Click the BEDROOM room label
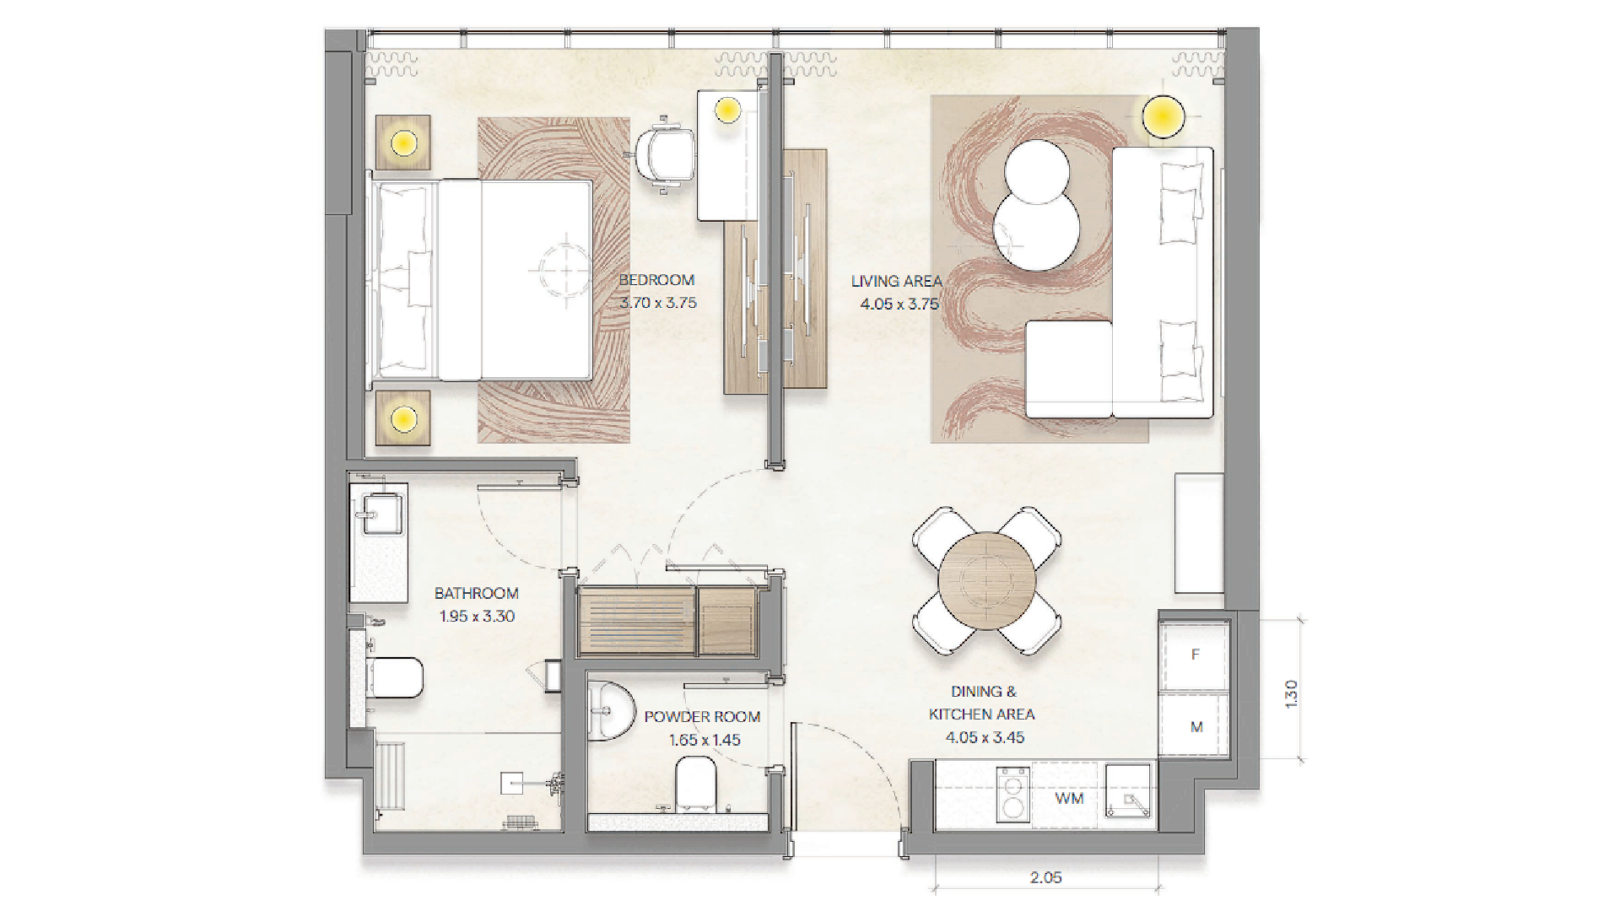coord(656,280)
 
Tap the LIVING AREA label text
coord(896,282)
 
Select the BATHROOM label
coord(477,594)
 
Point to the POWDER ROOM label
coord(702,717)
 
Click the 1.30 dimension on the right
coord(1290,693)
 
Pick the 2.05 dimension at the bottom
coord(1045,878)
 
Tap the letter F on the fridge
coord(1195,655)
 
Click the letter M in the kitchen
coord(1196,727)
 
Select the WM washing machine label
coord(1069,798)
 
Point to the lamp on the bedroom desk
coord(727,109)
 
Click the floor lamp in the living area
coord(1164,116)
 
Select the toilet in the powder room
coord(696,782)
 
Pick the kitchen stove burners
coord(1012,794)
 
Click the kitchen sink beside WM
coord(1128,791)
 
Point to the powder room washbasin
coord(610,711)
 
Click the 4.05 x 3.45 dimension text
coord(985,737)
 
